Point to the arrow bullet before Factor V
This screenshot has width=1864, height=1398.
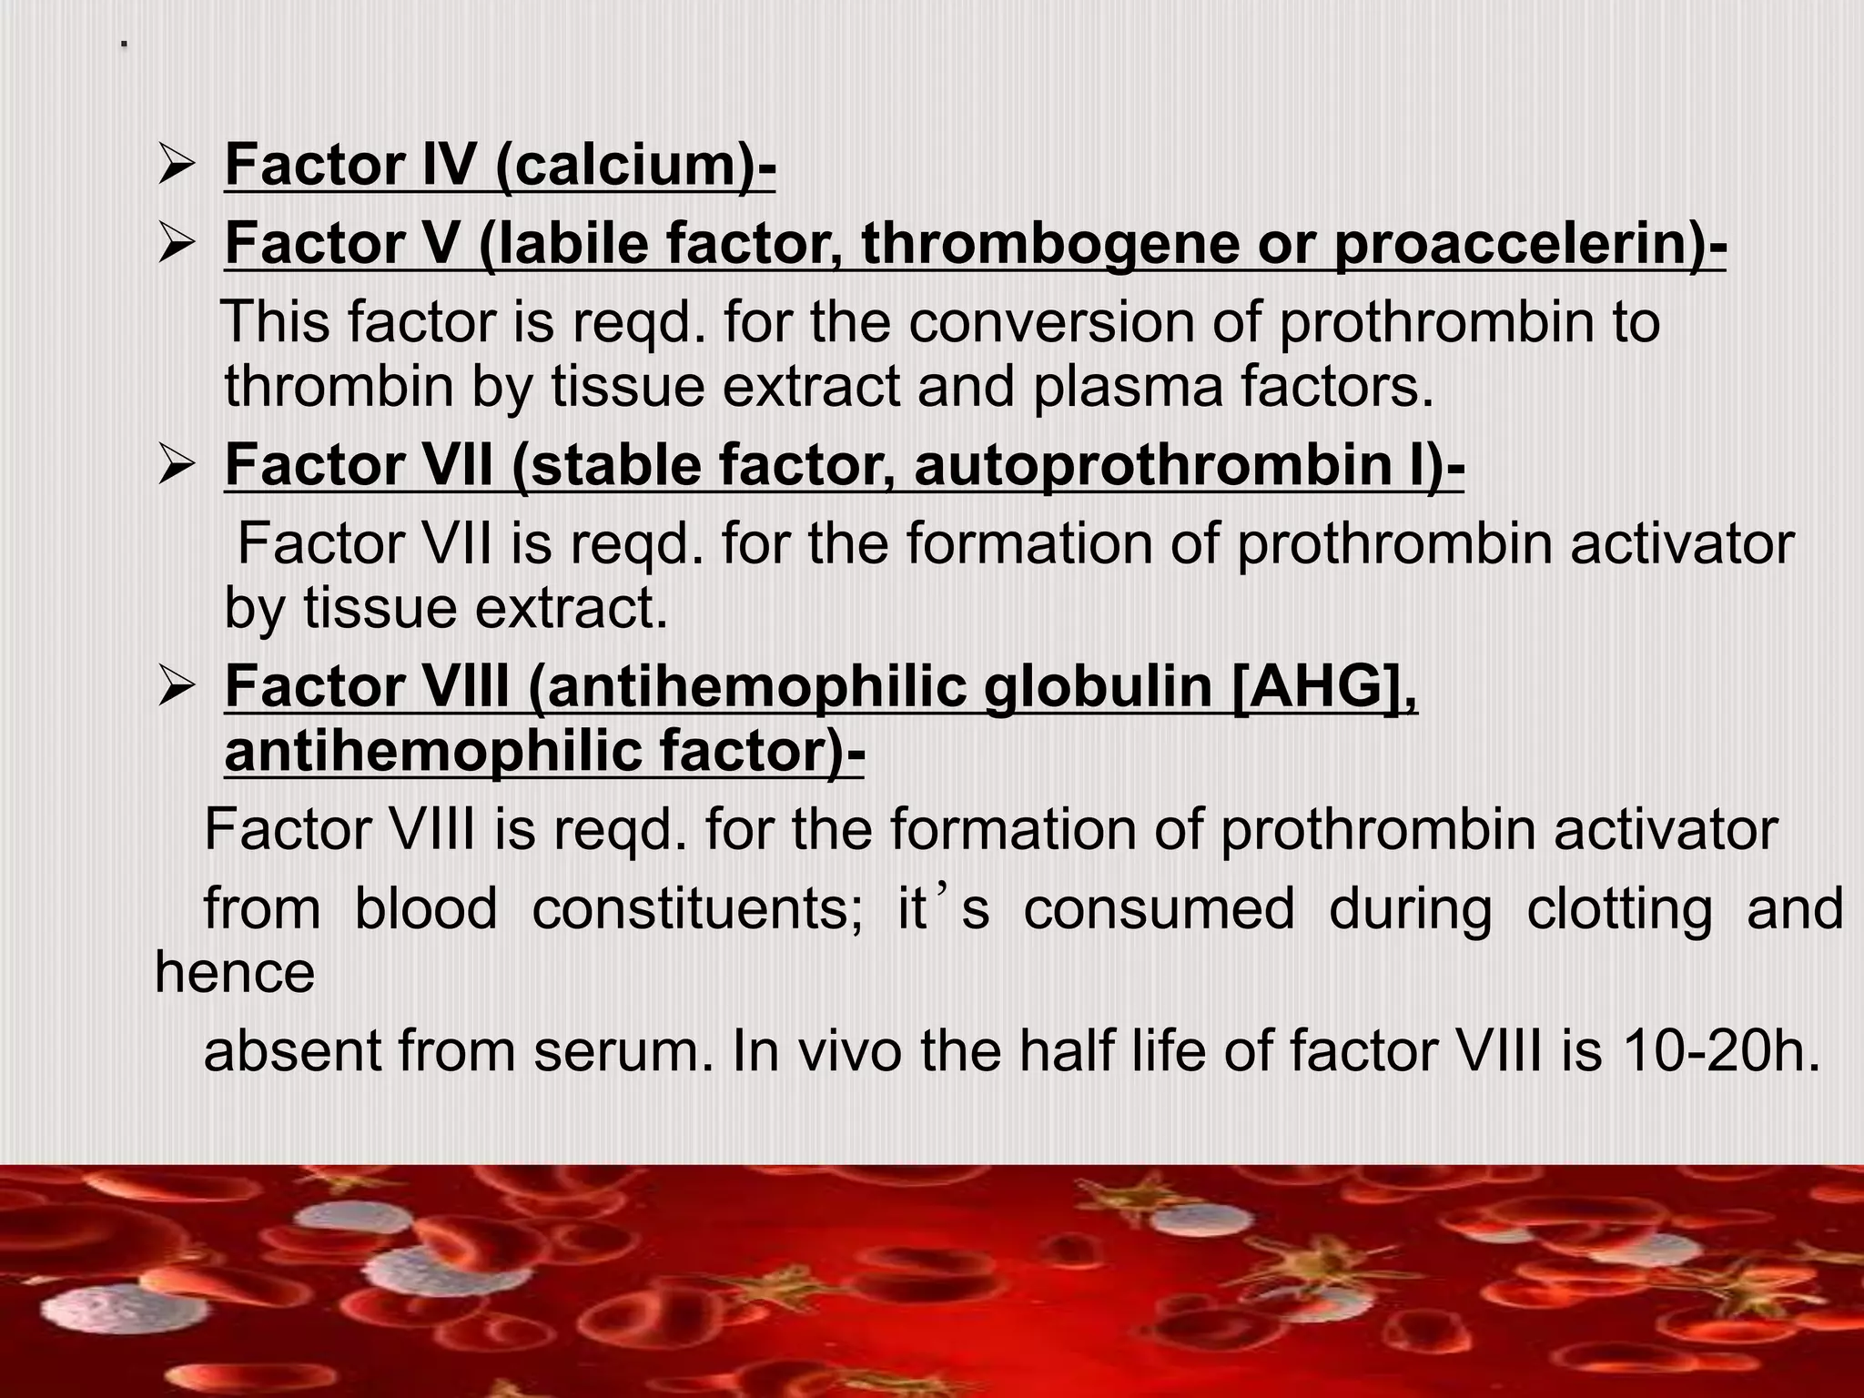point(174,245)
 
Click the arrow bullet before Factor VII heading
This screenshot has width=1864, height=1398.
point(174,466)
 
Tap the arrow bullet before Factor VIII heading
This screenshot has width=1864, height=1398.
point(174,688)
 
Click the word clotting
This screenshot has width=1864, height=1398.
point(1620,909)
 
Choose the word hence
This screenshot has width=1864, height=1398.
point(235,972)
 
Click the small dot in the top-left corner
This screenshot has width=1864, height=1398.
point(124,44)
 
